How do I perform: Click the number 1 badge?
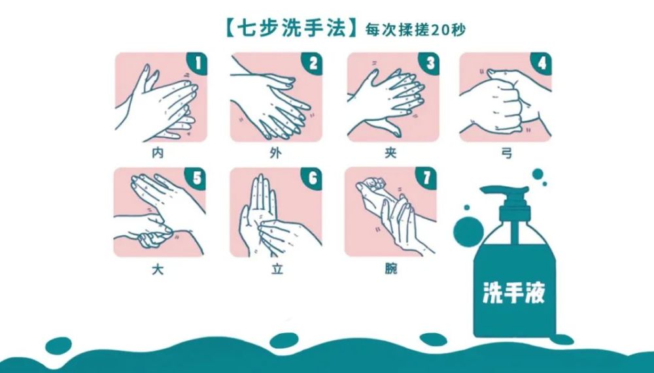click(x=197, y=63)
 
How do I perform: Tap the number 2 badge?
click(x=313, y=63)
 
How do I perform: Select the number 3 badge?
click(x=429, y=63)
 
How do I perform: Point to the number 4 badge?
click(x=542, y=63)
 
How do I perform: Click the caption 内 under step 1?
click(x=158, y=154)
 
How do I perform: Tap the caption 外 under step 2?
click(x=275, y=154)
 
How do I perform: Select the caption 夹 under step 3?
click(x=391, y=154)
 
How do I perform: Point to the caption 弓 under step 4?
click(x=506, y=154)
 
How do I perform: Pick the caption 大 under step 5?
click(x=158, y=269)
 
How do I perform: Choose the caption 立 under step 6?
click(x=277, y=269)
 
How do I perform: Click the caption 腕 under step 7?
click(x=391, y=269)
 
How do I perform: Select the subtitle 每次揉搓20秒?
click(x=415, y=30)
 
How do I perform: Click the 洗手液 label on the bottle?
click(x=514, y=292)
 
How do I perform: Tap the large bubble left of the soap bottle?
click(x=468, y=232)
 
